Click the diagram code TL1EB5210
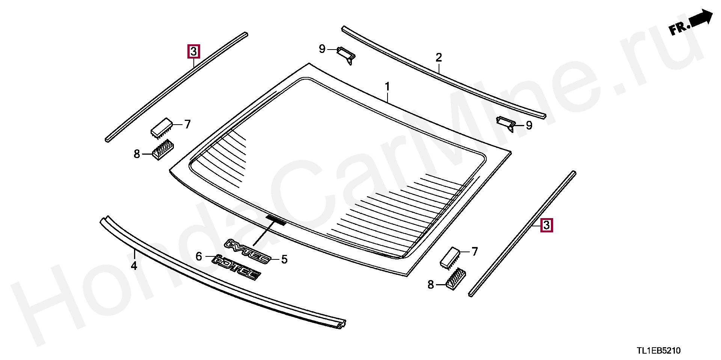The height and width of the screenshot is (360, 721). pyautogui.click(x=658, y=351)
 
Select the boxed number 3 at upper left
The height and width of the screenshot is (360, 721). pyautogui.click(x=194, y=51)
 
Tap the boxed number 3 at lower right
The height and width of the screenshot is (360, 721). pyautogui.click(x=546, y=225)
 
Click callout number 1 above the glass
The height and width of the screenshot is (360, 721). pyautogui.click(x=387, y=87)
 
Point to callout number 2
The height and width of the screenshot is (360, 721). pyautogui.click(x=439, y=57)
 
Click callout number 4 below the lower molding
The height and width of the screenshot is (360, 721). pyautogui.click(x=134, y=266)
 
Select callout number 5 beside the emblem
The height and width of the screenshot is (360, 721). pyautogui.click(x=284, y=259)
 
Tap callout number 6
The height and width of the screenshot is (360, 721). pyautogui.click(x=199, y=256)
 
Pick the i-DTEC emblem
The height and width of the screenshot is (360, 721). pyautogui.click(x=236, y=267)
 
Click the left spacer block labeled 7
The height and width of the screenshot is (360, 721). pyautogui.click(x=161, y=127)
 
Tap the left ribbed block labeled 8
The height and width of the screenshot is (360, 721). pyautogui.click(x=163, y=149)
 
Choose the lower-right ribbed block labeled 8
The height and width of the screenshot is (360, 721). pyautogui.click(x=456, y=279)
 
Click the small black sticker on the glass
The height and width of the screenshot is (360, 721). pyautogui.click(x=276, y=220)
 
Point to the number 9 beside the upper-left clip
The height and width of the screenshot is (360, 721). pyautogui.click(x=322, y=49)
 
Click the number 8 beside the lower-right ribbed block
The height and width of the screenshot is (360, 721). pyautogui.click(x=431, y=285)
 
